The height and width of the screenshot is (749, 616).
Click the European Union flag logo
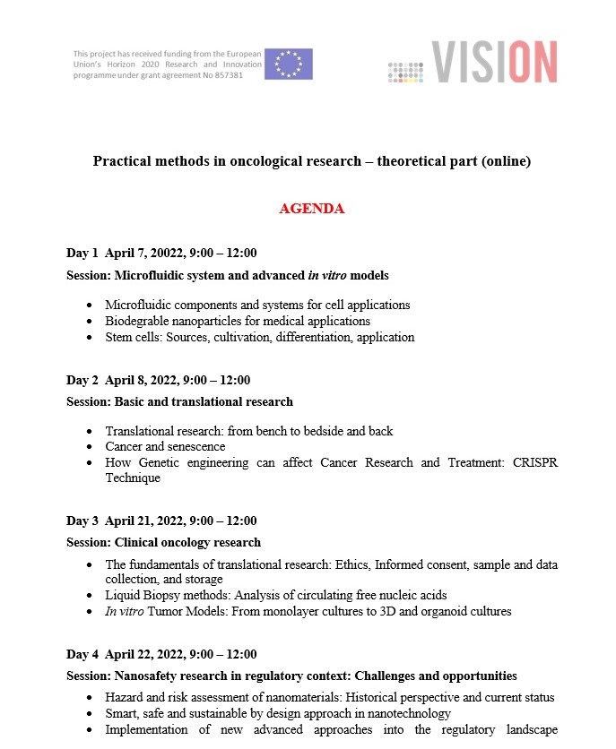pos(288,64)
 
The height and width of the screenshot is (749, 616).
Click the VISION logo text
pos(494,63)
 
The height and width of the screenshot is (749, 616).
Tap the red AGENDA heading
pos(312,209)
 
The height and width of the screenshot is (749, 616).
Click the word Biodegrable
pos(135,321)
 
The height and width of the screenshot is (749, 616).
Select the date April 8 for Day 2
pos(126,380)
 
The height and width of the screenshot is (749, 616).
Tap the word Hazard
pos(125,697)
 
